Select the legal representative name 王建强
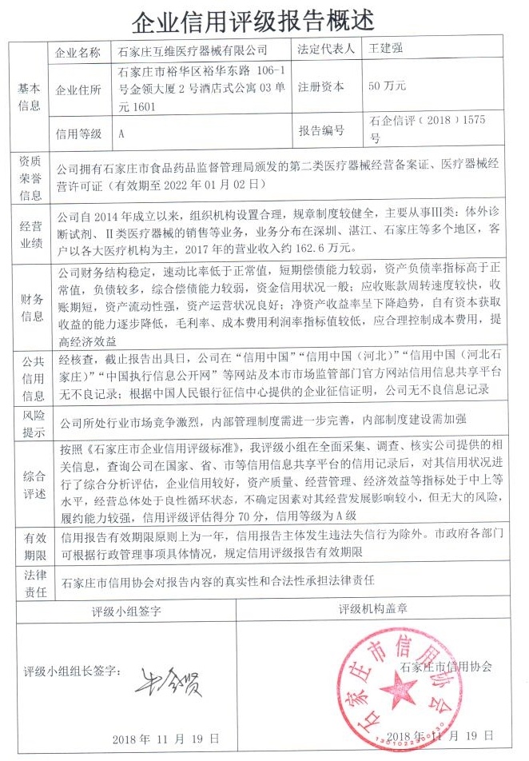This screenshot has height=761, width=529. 385,49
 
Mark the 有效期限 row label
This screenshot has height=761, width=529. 30,544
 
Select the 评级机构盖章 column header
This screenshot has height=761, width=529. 373,609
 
